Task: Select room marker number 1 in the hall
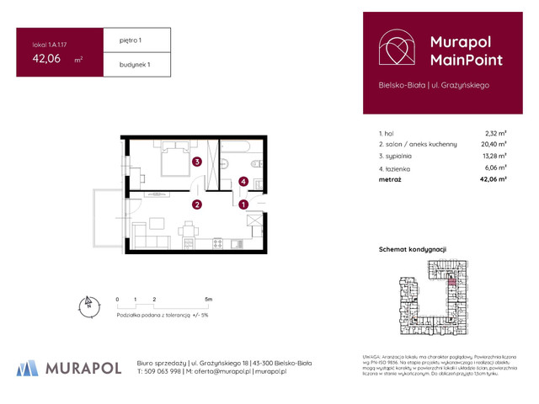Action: (243, 204)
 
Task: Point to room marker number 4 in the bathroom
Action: (243, 180)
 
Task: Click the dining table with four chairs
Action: (188, 229)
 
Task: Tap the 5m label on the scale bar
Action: (208, 299)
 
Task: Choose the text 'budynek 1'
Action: (127, 65)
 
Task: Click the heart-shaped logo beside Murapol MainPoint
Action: (394, 49)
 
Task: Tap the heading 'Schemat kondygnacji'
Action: (413, 249)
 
